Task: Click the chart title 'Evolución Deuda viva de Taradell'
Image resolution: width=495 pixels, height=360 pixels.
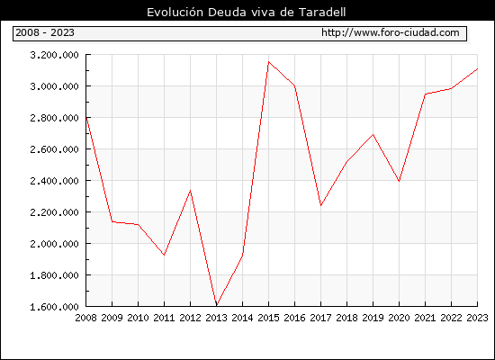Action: pos(247,12)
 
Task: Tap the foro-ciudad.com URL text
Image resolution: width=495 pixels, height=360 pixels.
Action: pos(391,32)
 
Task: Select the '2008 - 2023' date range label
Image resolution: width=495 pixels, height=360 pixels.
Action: pos(45,32)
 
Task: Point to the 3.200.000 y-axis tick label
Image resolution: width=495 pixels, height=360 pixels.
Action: pos(54,55)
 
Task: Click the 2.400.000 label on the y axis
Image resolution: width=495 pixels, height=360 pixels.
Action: pos(54,181)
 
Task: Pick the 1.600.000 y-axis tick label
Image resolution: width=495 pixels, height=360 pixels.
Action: pos(54,307)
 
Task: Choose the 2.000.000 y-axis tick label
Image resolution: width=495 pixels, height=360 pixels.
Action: pos(54,244)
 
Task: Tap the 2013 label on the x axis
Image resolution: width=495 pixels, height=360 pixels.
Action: pos(216,318)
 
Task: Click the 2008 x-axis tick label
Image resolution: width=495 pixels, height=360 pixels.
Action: pos(85,318)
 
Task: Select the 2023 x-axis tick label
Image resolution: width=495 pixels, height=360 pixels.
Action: pos(477,318)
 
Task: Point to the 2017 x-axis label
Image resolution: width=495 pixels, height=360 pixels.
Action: pos(320,318)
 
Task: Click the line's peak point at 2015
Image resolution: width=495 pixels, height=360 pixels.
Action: pos(269,61)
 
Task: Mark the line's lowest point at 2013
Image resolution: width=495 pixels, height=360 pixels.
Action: pos(217,306)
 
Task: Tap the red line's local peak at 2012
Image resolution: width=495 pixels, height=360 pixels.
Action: pos(191,191)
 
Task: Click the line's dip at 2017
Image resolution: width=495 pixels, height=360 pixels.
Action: pos(321,205)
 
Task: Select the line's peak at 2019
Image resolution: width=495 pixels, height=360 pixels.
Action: pos(373,134)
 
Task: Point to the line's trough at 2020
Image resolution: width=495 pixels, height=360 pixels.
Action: pos(400,181)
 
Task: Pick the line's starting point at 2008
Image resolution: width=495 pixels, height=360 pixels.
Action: pos(86,117)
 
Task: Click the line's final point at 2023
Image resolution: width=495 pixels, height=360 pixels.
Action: pos(477,68)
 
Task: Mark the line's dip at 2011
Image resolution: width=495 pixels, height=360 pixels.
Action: pos(164,255)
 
